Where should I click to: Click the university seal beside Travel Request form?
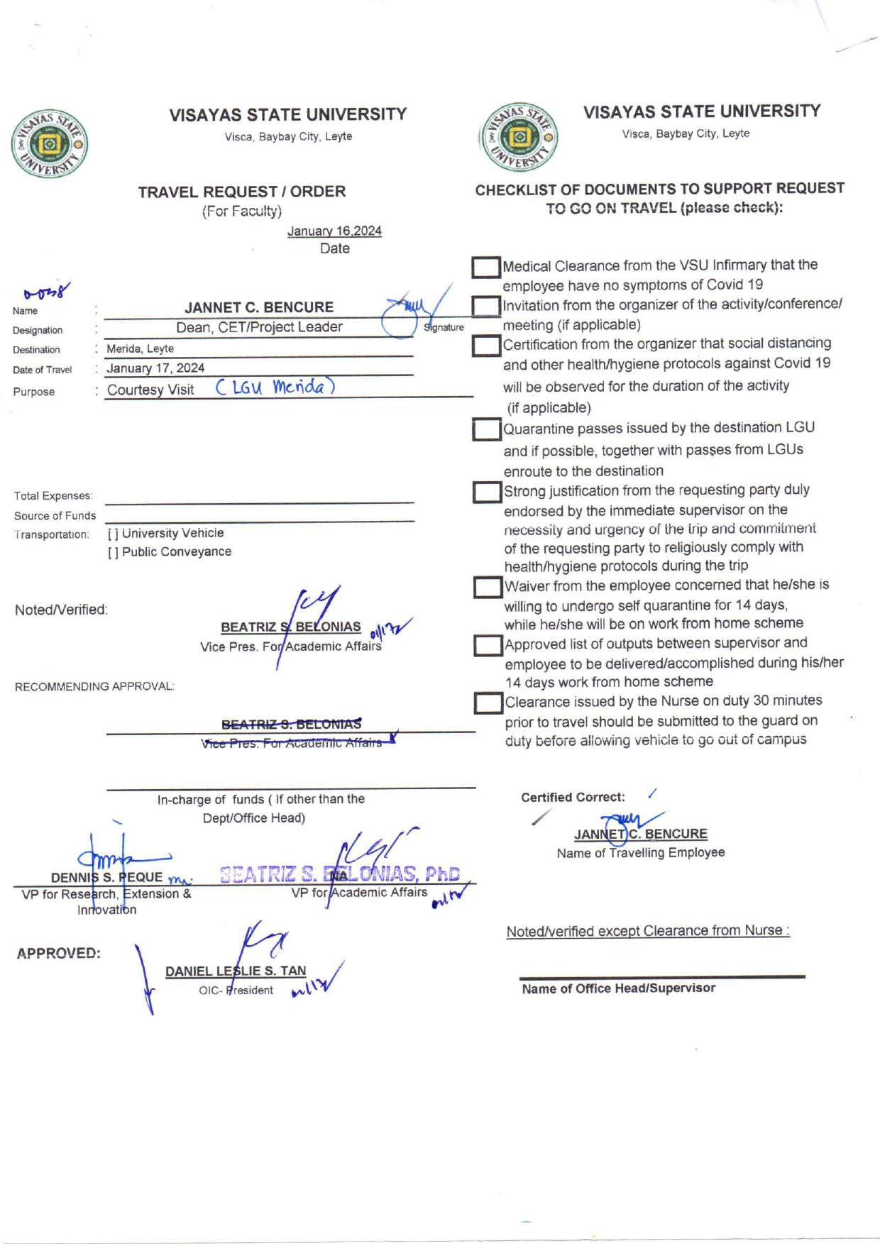(49, 144)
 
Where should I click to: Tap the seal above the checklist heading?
(519, 137)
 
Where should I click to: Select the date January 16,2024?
(334, 231)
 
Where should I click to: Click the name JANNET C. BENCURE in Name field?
(259, 307)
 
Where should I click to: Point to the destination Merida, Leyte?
(141, 348)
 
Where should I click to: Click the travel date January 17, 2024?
(155, 368)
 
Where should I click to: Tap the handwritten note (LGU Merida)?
(275, 387)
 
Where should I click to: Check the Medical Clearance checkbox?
(486, 268)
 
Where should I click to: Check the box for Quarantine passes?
(487, 429)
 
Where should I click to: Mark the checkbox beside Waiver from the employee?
(488, 587)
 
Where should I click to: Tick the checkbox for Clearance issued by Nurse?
(488, 703)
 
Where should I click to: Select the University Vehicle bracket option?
(113, 533)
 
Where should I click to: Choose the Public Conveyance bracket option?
(113, 552)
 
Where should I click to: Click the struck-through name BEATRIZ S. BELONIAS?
(291, 724)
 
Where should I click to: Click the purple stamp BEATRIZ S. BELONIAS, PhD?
(340, 874)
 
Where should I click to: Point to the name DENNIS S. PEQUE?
(106, 877)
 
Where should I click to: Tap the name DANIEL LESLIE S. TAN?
(236, 971)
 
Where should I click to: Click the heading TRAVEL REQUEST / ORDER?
(242, 192)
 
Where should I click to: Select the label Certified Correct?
(573, 797)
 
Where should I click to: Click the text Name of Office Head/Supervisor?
(618, 988)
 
